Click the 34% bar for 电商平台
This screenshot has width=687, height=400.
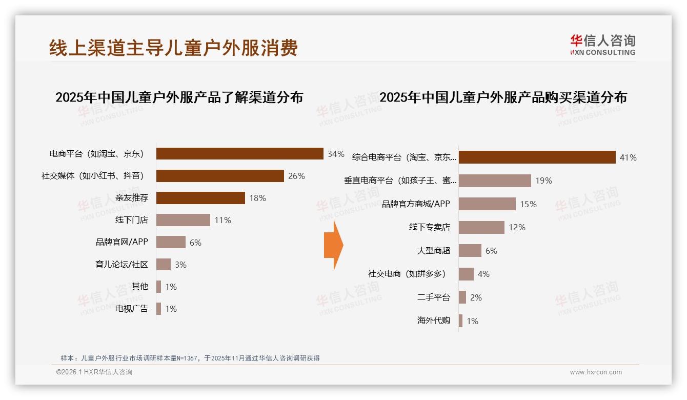click(x=239, y=154)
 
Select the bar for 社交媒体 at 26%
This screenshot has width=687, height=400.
click(x=220, y=176)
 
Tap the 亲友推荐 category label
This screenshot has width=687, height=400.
click(x=132, y=198)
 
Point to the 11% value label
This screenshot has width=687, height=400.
click(x=223, y=221)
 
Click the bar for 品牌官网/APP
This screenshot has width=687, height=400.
click(x=171, y=243)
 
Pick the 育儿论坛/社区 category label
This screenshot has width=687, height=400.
click(x=122, y=265)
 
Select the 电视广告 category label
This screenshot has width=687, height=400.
click(x=132, y=309)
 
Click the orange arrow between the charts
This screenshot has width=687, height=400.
click(x=333, y=245)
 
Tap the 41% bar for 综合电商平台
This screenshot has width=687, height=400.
click(x=537, y=157)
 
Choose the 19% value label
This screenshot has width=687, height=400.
click(x=543, y=181)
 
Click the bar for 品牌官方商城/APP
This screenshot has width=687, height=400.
click(x=487, y=204)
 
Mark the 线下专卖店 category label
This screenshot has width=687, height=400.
click(x=429, y=227)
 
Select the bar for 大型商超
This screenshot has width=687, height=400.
click(x=470, y=251)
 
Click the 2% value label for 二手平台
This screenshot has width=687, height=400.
click(x=476, y=297)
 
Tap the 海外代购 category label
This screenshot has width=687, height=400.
click(x=434, y=321)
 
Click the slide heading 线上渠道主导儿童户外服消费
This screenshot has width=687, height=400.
click(x=173, y=48)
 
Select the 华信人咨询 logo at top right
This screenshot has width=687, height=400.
click(x=602, y=45)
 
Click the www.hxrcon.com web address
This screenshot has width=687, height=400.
click(x=596, y=372)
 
